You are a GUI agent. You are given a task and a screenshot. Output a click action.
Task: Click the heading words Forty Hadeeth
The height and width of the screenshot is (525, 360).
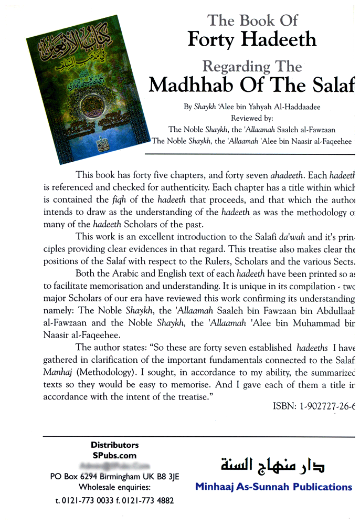click(x=252, y=39)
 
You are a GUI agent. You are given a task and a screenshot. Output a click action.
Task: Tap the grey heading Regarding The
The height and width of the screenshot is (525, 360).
click(x=252, y=67)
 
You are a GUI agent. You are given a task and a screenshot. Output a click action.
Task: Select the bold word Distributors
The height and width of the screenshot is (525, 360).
click(x=114, y=445)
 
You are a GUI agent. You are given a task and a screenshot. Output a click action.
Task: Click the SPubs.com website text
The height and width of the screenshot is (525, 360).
click(x=114, y=455)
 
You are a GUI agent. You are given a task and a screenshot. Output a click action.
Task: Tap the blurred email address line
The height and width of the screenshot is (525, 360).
click(x=114, y=466)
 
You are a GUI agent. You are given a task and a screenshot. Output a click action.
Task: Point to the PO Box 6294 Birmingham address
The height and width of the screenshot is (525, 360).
click(x=114, y=477)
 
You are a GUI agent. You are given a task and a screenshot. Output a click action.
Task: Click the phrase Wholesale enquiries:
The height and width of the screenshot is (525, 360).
click(x=114, y=488)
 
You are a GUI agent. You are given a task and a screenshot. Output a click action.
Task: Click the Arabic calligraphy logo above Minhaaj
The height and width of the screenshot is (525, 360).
click(x=273, y=464)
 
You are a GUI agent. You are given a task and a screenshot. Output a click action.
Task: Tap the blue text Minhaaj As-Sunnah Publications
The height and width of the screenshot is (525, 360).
click(x=273, y=487)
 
